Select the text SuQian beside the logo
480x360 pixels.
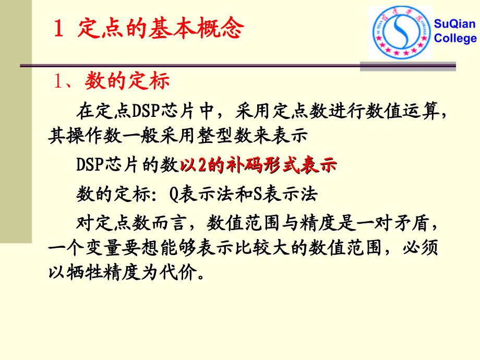pos(455,24)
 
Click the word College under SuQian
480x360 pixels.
pos(455,38)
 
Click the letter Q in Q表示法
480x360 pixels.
pos(174,194)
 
